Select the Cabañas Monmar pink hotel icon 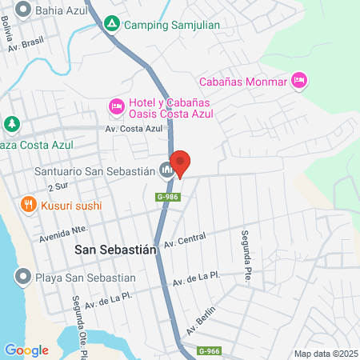coord(300,79)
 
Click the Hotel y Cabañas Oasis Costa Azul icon coord(116,106)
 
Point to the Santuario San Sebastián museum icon coord(166,170)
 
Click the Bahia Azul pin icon coord(22,10)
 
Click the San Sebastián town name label coord(115,249)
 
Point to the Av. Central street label coord(185,240)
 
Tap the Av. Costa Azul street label coord(134,128)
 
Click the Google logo coord(26,350)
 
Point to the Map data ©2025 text coord(325,354)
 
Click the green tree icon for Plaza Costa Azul coord(11,124)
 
